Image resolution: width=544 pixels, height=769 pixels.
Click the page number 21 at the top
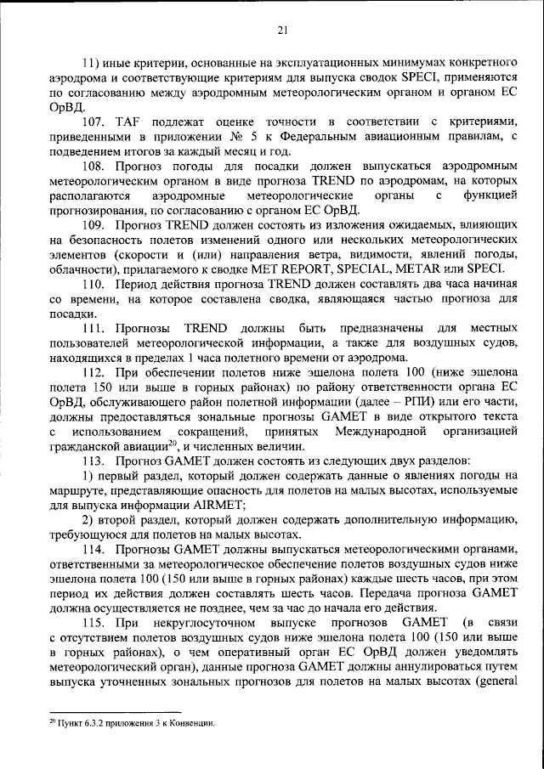[x=282, y=31]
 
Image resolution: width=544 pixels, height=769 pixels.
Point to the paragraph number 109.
[x=94, y=224]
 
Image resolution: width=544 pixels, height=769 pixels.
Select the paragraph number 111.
[x=94, y=328]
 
